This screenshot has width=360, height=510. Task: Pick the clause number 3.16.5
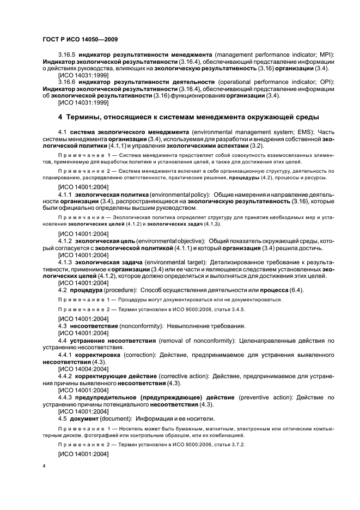tap(68, 55)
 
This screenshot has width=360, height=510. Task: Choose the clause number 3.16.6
tap(68, 82)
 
